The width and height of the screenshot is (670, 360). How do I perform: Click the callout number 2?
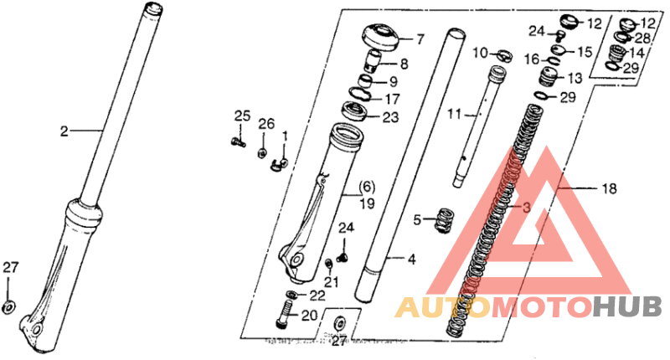coord(63,131)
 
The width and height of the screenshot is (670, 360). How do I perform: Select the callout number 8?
coord(404,64)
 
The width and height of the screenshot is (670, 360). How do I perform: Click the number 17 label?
coord(391,99)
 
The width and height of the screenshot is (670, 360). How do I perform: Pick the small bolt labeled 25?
coord(240,141)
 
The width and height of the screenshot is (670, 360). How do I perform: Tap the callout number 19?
coord(367,203)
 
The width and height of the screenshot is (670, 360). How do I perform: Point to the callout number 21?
coord(332,282)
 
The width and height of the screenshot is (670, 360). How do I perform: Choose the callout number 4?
coord(411,260)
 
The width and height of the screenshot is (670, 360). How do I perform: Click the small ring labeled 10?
coord(503,55)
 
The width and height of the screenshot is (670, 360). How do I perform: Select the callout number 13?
coord(574,78)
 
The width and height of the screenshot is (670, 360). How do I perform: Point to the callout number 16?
coord(531,59)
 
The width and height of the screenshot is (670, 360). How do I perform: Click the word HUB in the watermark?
coord(627,307)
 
